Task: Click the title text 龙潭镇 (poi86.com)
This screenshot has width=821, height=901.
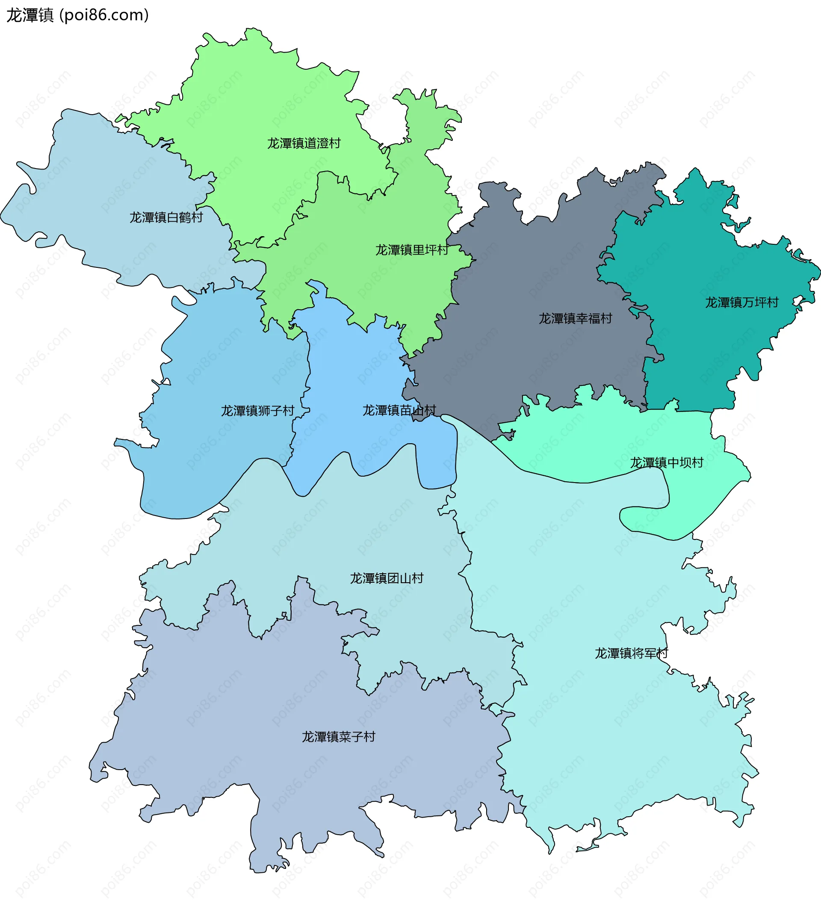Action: click(77, 15)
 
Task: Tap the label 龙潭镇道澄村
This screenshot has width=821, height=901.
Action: click(304, 143)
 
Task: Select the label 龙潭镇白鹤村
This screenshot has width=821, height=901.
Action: click(166, 218)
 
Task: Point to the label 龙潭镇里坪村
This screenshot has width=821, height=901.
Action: click(411, 250)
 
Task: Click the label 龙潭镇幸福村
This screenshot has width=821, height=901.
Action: click(575, 319)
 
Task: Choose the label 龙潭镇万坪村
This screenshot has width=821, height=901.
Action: click(741, 302)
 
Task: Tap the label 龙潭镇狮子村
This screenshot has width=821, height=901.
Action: click(257, 411)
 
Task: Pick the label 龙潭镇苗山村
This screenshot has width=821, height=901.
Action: click(399, 410)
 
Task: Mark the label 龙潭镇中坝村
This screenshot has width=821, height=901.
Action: click(667, 462)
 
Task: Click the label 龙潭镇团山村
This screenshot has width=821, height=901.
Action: click(387, 578)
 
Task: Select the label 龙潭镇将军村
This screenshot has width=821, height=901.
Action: click(631, 653)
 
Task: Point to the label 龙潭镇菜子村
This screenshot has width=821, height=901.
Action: click(338, 737)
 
